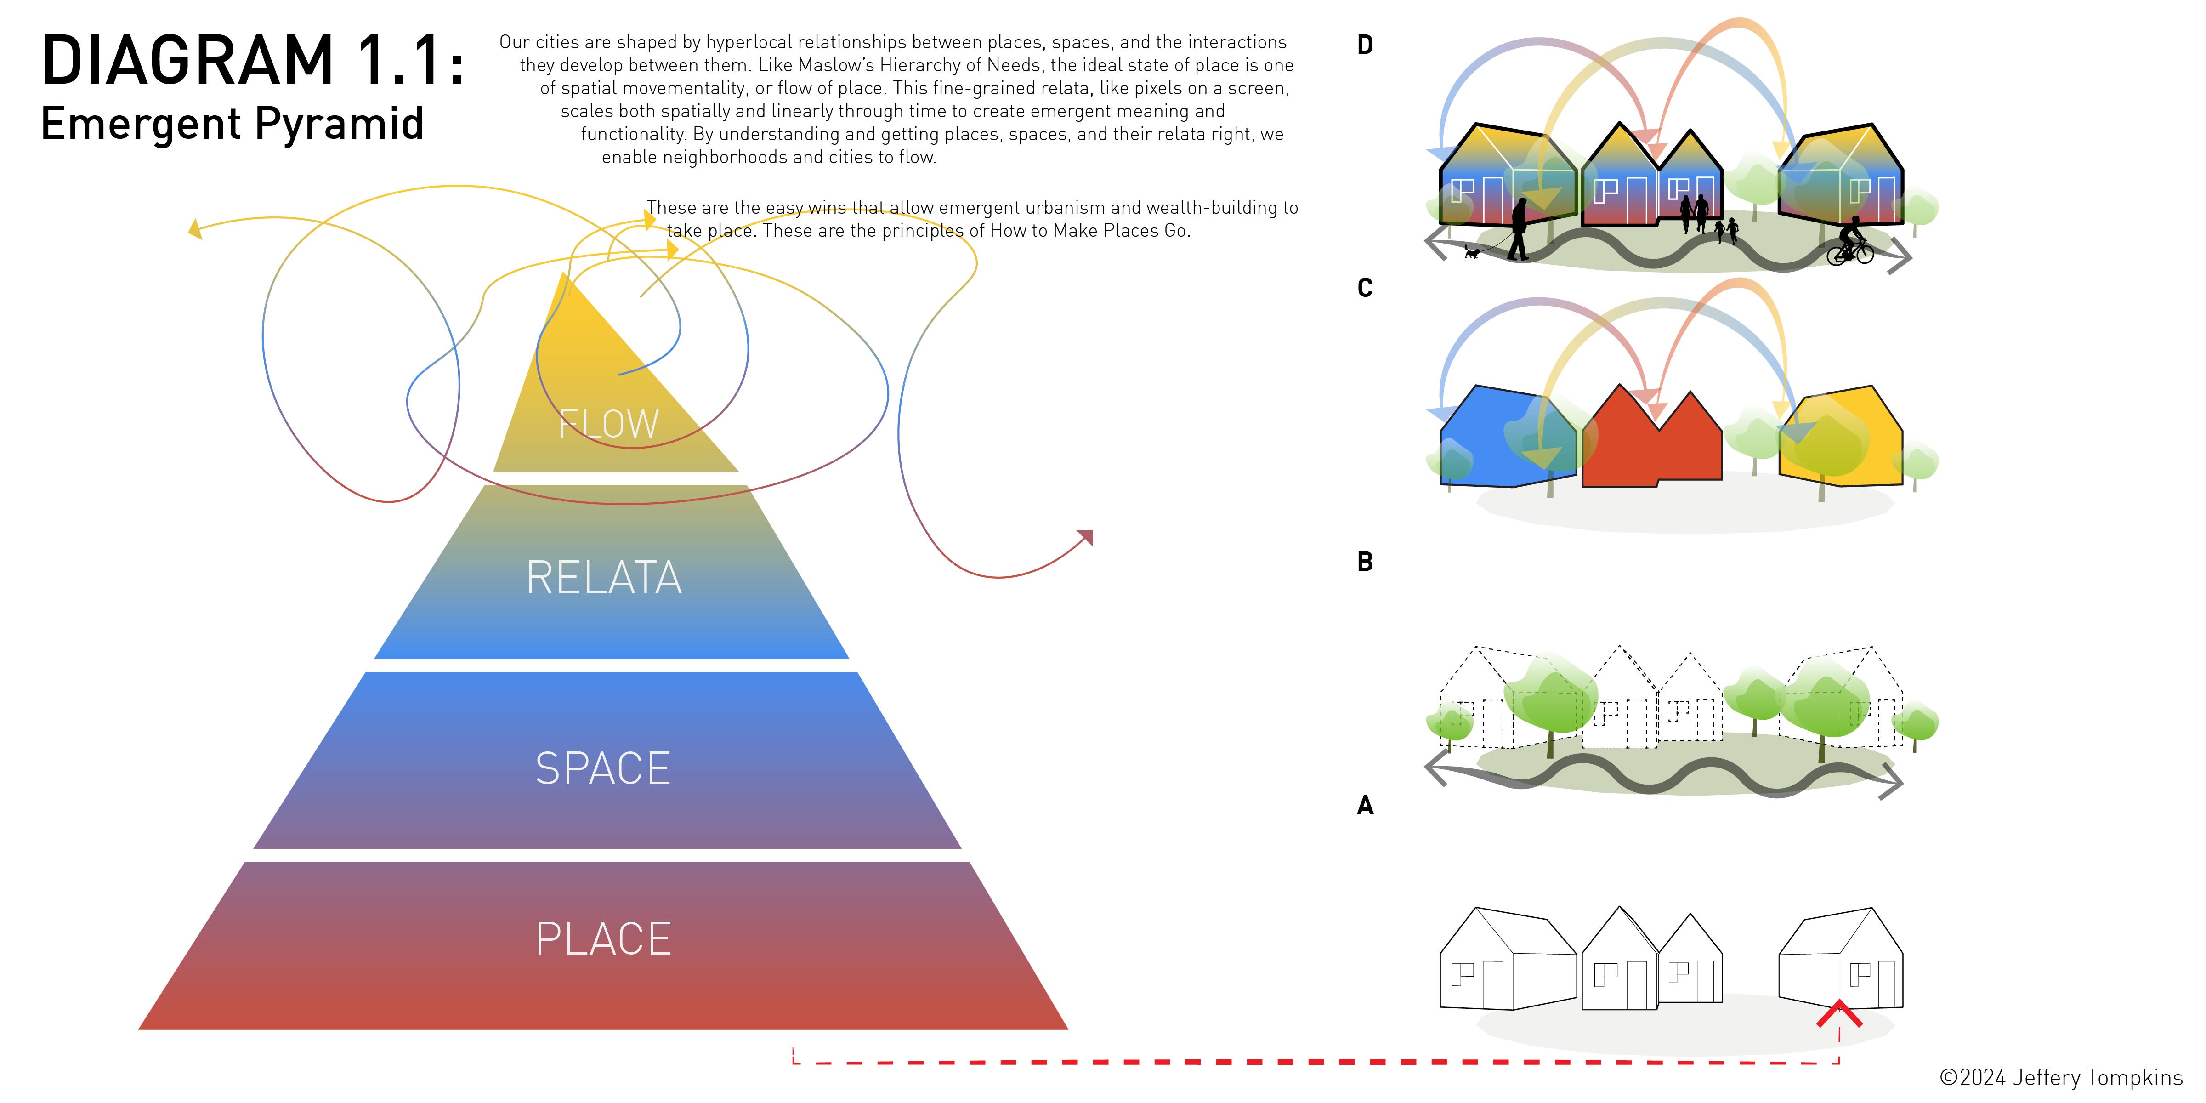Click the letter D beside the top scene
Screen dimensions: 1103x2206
click(1365, 45)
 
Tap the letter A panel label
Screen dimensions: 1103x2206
click(1365, 805)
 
